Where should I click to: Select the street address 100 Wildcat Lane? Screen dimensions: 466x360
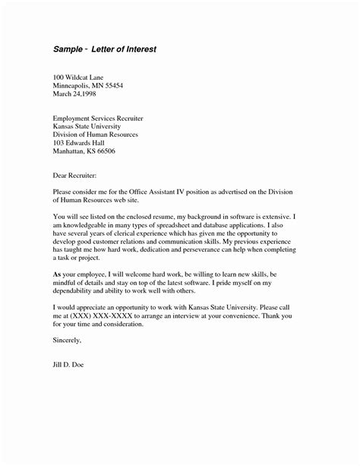pos(82,79)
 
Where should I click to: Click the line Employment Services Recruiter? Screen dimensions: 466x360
pos(103,119)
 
